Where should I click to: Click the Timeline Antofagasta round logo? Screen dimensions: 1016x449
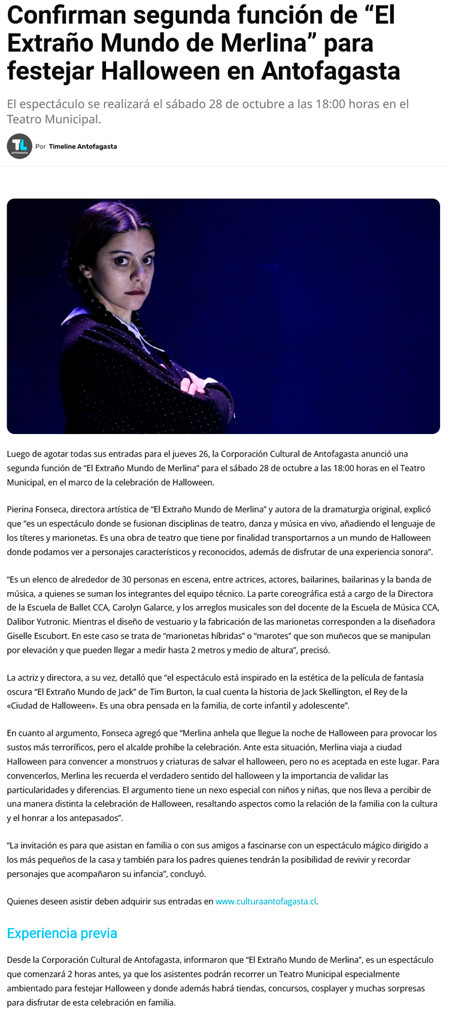19,146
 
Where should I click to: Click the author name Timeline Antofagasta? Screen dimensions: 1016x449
83,147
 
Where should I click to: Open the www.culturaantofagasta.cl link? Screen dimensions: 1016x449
265,902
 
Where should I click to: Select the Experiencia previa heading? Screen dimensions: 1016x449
62,933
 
